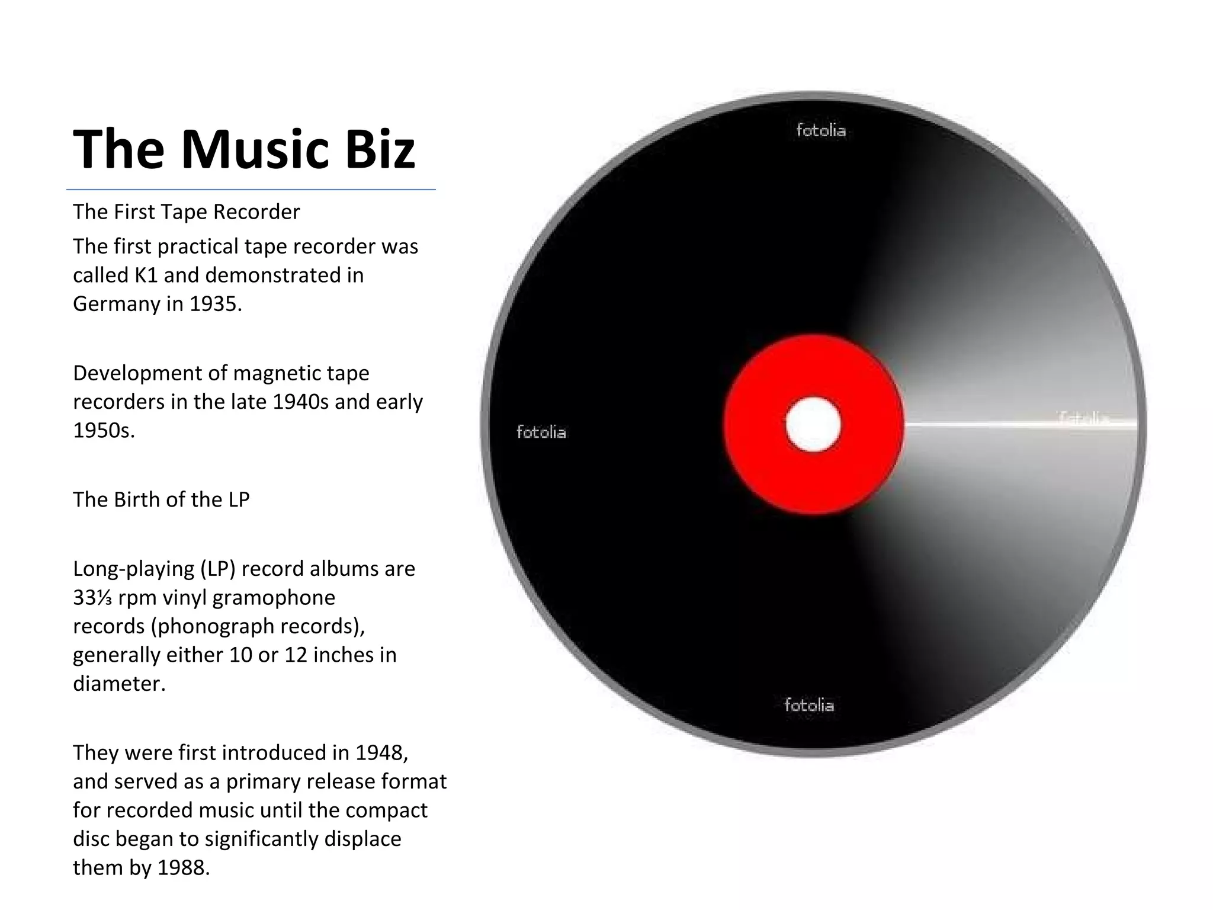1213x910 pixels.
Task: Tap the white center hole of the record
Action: [813, 425]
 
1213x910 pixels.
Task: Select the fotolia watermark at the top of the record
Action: [821, 130]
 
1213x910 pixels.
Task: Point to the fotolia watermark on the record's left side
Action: [541, 432]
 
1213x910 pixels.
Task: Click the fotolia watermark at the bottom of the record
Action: [809, 705]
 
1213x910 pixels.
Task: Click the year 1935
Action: [216, 304]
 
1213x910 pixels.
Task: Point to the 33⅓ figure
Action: [92, 597]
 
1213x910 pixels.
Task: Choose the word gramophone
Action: [274, 597]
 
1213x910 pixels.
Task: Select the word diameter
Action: [118, 684]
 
